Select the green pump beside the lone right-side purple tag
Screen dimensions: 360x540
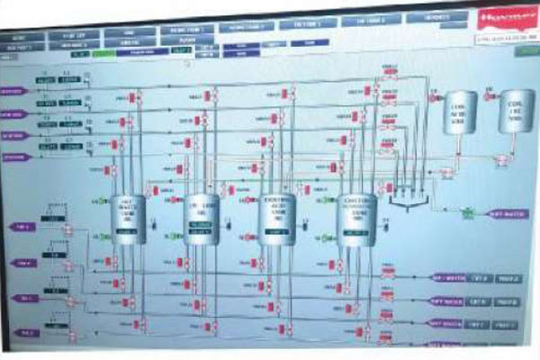coord(467,213)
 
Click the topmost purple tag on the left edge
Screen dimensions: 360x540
coord(13,91)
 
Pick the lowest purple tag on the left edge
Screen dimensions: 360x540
coord(26,332)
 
